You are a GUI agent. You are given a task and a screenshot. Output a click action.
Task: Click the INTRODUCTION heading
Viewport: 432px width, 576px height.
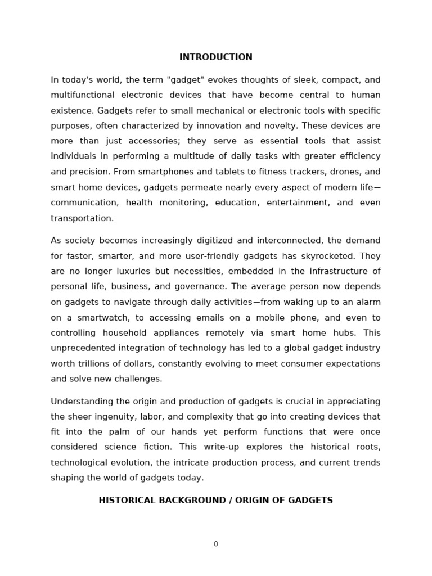point(215,57)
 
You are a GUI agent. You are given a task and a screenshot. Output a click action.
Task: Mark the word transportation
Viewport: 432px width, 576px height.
point(82,218)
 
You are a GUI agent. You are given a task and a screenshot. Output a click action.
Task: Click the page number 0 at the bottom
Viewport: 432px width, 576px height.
point(215,544)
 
